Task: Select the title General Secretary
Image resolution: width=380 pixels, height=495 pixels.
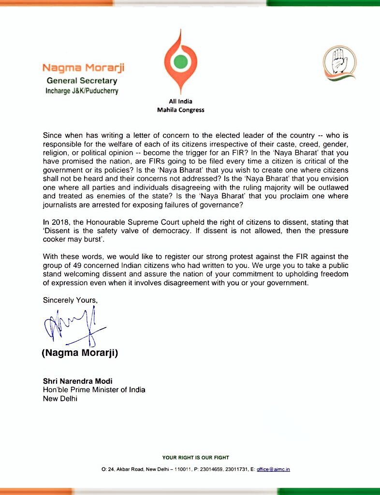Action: [82, 81]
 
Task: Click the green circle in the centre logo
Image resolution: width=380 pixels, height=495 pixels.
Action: [180, 61]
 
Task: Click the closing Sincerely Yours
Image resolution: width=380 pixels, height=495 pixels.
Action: [70, 300]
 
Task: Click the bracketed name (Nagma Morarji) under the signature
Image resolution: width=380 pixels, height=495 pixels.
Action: [80, 353]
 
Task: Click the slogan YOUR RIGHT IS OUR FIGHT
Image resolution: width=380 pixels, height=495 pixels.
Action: [195, 457]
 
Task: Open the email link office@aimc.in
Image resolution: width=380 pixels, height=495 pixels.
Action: [273, 469]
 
